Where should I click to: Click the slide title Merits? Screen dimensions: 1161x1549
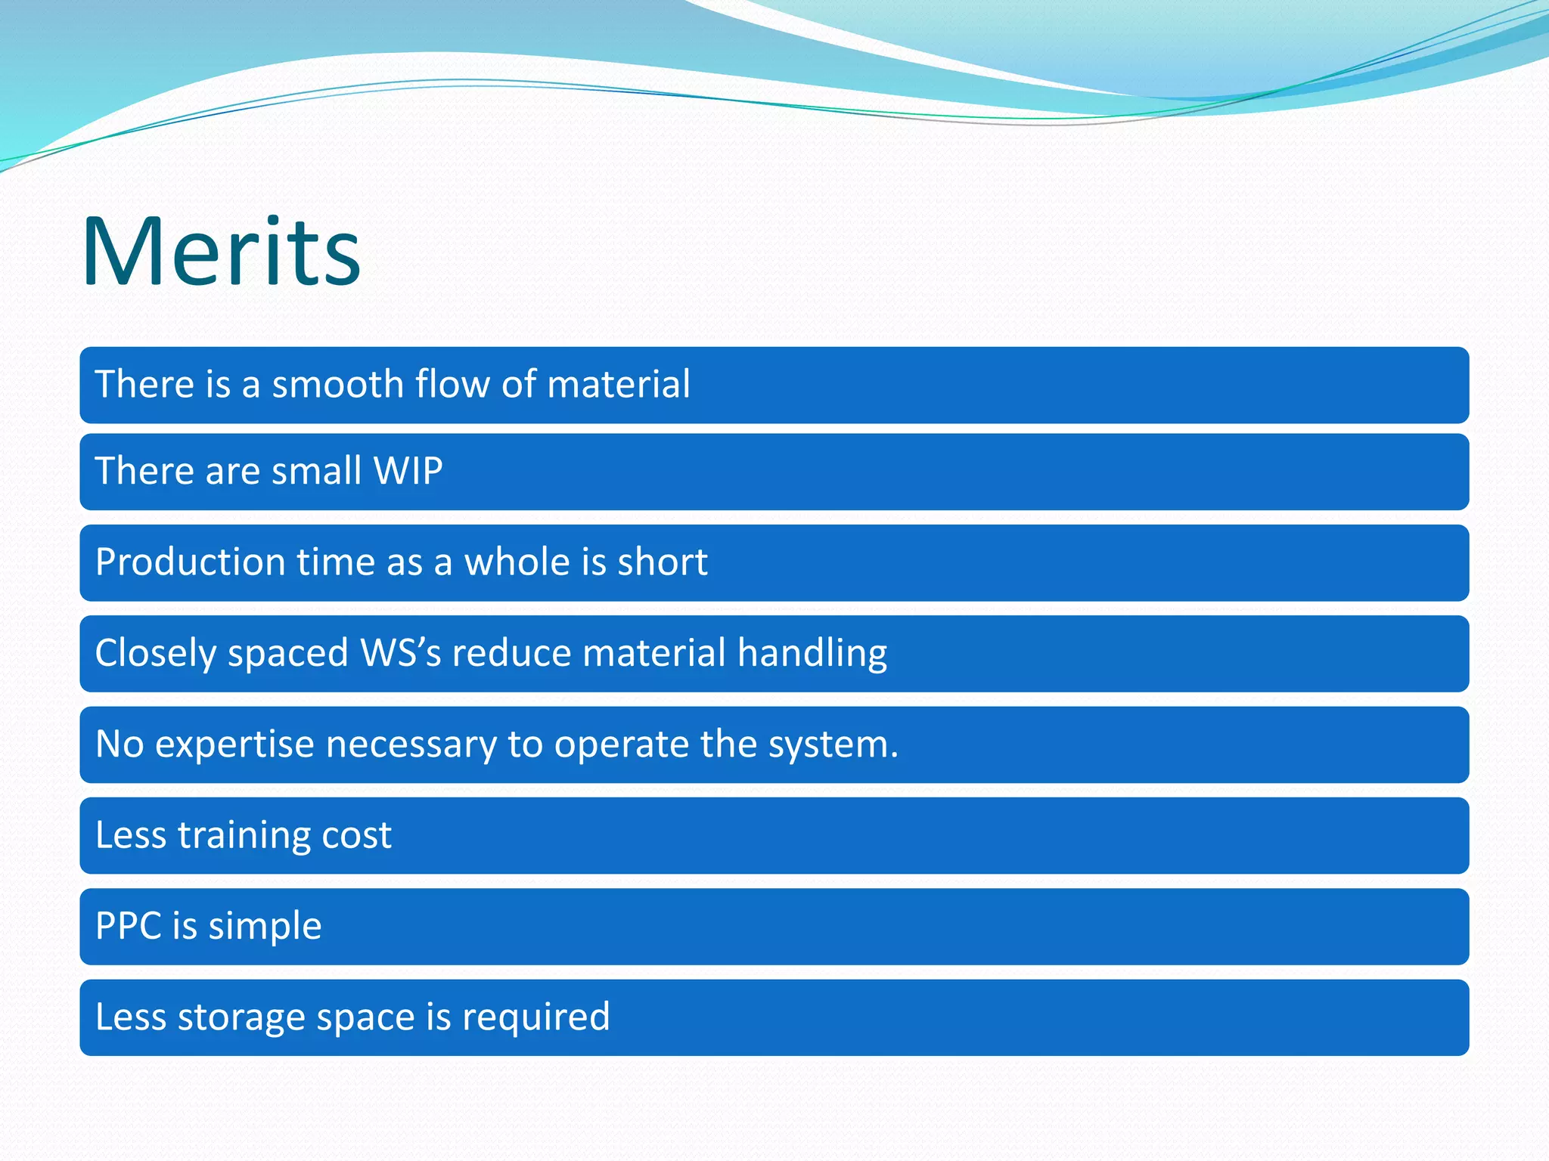(221, 252)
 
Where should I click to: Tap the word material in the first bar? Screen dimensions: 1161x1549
(618, 384)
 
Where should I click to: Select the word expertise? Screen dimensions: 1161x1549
(234, 745)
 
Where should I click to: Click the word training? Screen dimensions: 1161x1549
(244, 836)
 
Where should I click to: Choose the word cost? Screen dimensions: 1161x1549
(356, 836)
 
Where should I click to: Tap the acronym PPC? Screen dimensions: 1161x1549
(129, 926)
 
